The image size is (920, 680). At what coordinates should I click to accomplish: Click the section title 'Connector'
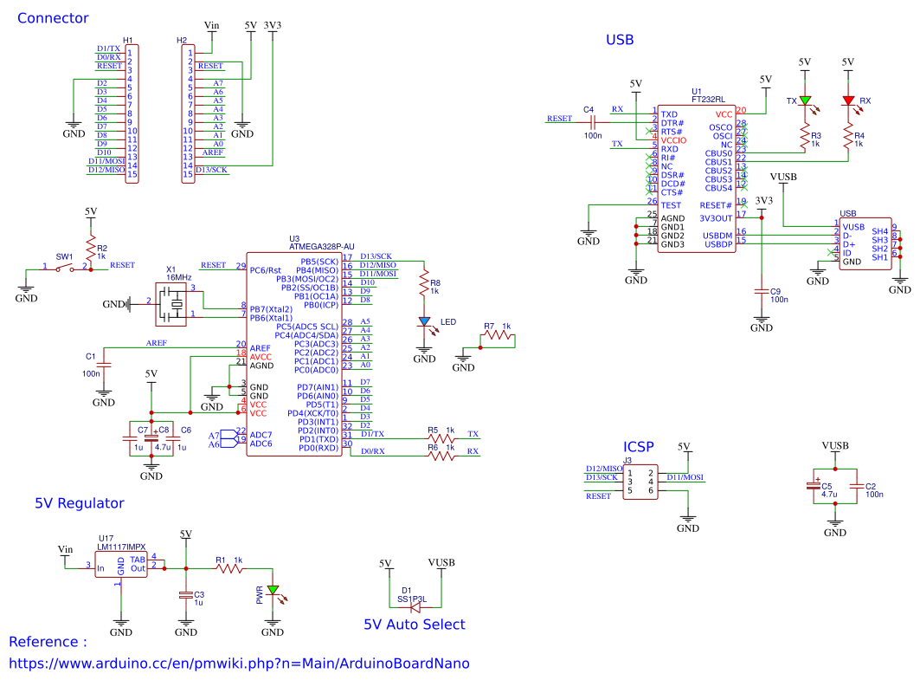pyautogui.click(x=53, y=18)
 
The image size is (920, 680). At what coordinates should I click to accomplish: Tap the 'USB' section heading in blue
pyautogui.click(x=620, y=40)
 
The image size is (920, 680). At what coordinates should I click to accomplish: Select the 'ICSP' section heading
pyautogui.click(x=639, y=447)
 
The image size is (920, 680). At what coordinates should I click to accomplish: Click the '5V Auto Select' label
pyautogui.click(x=414, y=625)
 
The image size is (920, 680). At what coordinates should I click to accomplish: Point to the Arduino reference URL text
pyautogui.click(x=239, y=664)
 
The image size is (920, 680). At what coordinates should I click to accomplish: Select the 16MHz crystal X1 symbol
pyautogui.click(x=177, y=303)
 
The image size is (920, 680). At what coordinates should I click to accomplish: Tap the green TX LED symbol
pyautogui.click(x=805, y=101)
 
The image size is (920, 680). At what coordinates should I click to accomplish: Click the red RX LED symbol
pyautogui.click(x=848, y=101)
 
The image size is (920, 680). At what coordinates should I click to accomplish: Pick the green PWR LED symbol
pyautogui.click(x=273, y=591)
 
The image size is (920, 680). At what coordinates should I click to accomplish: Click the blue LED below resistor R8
pyautogui.click(x=424, y=322)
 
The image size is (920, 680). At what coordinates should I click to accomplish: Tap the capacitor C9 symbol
pyautogui.click(x=762, y=292)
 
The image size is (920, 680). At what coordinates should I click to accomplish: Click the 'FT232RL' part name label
pyautogui.click(x=708, y=99)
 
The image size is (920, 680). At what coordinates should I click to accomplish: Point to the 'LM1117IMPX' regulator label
pyautogui.click(x=122, y=547)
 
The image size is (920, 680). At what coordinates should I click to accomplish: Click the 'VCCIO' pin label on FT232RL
pyautogui.click(x=673, y=140)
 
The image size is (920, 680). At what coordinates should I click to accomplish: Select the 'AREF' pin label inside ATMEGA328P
pyautogui.click(x=261, y=347)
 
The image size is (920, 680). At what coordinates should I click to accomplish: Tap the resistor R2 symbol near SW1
pyautogui.click(x=90, y=243)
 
